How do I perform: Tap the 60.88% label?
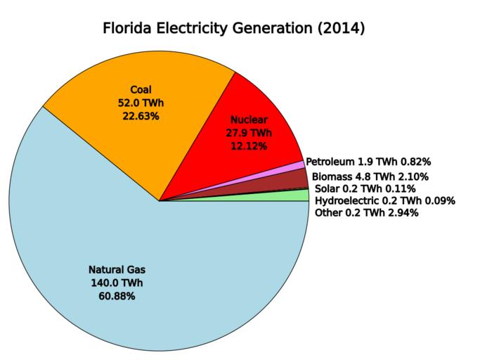117,296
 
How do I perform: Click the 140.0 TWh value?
117,283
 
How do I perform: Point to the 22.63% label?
141,116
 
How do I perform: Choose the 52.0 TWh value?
141,103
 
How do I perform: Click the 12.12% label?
249,146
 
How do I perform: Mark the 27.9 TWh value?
249,132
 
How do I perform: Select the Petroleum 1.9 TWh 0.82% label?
368,162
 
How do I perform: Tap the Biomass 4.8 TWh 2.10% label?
370,176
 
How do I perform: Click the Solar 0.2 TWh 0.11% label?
365,188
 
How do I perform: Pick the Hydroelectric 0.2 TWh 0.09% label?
385,200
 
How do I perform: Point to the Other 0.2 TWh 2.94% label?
368,212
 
